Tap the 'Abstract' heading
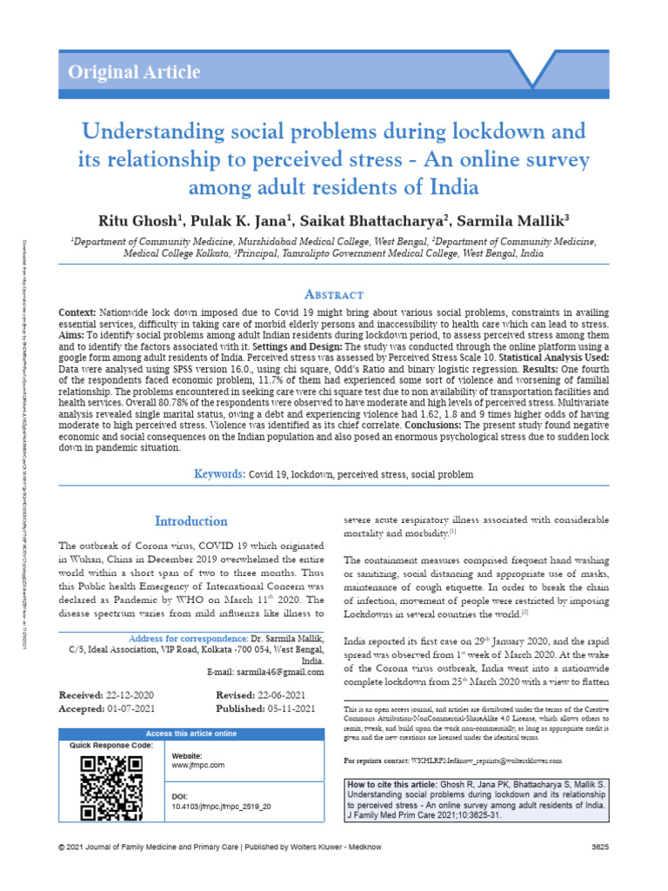click(x=334, y=295)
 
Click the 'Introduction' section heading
click(x=191, y=521)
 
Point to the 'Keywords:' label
click(x=219, y=474)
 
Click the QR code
click(x=111, y=788)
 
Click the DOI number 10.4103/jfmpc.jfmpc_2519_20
click(x=222, y=807)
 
